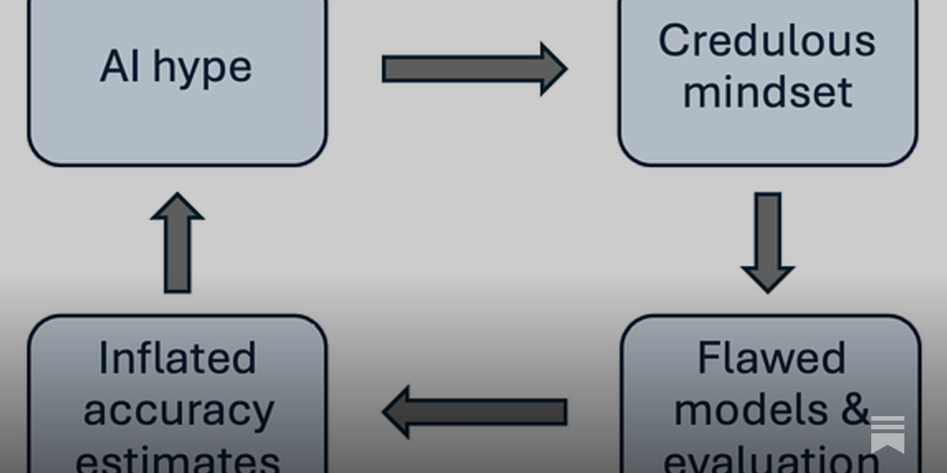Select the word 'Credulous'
[767, 41]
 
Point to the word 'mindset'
[768, 92]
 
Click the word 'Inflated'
[177, 358]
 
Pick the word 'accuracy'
[179, 411]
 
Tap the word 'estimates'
[178, 460]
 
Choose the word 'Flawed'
[771, 358]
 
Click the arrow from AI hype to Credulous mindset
[474, 69]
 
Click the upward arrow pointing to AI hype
[178, 242]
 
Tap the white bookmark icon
[887, 433]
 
